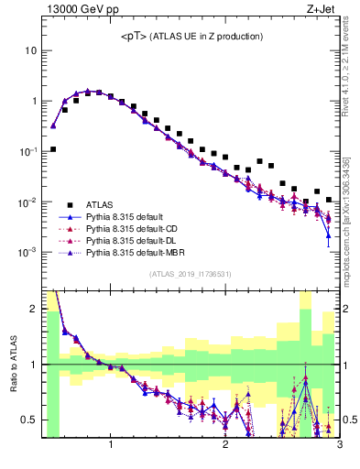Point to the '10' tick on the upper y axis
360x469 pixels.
[x=30, y=51]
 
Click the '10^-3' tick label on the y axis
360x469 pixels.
[x=27, y=252]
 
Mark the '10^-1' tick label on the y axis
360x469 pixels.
[x=27, y=151]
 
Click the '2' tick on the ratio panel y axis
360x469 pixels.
[x=34, y=309]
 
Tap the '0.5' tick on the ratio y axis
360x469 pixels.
[x=30, y=420]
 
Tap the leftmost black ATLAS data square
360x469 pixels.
[x=53, y=149]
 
